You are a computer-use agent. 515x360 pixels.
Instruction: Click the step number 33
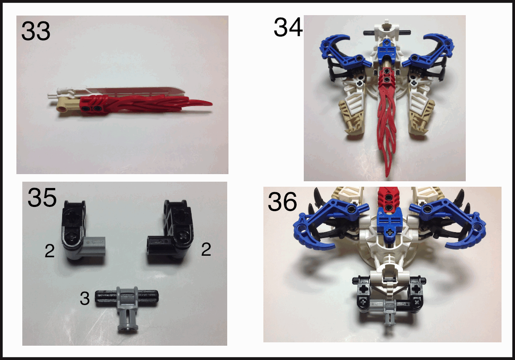pyautogui.click(x=36, y=31)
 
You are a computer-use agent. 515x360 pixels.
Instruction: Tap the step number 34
pyautogui.click(x=288, y=27)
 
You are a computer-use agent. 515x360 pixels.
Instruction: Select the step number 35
pyautogui.click(x=42, y=197)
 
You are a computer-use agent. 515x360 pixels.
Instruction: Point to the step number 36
pyautogui.click(x=282, y=201)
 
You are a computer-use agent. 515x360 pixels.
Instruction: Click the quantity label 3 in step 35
pyautogui.click(x=85, y=299)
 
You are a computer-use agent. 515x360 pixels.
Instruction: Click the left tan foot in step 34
pyautogui.click(x=350, y=117)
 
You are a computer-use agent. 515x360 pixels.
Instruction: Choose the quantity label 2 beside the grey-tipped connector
pyautogui.click(x=50, y=251)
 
